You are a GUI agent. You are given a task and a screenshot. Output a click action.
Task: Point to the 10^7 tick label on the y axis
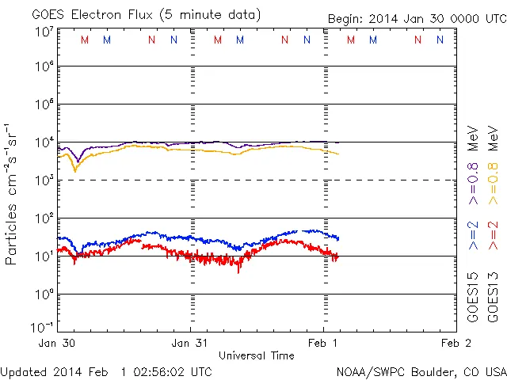[x=44, y=31]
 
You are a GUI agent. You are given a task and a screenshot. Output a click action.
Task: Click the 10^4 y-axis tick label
[x=44, y=142]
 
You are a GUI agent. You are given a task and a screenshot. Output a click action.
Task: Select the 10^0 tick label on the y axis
[x=44, y=294]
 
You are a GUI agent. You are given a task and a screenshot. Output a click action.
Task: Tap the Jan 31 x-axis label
[x=191, y=343]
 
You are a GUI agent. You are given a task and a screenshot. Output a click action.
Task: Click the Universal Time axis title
[x=256, y=355]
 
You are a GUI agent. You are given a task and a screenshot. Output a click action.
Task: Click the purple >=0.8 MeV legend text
[x=473, y=158]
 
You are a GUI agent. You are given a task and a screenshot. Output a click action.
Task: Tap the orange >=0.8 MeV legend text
[x=494, y=158]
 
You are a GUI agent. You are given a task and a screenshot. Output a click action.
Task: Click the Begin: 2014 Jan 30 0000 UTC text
[x=416, y=18]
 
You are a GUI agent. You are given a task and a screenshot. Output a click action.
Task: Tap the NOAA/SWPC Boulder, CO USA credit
[x=421, y=371]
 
